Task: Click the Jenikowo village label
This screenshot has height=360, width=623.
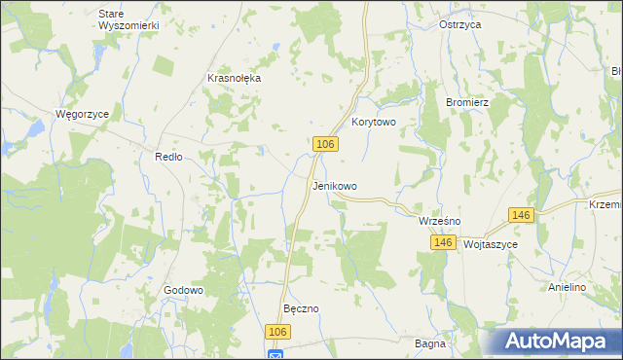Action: tap(334, 186)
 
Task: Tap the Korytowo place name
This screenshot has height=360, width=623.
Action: tap(373, 123)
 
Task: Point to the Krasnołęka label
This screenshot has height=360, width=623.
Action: tap(235, 79)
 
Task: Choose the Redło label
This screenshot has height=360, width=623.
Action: tap(169, 157)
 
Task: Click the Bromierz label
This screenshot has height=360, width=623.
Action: tap(466, 101)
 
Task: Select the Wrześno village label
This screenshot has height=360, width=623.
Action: tap(439, 221)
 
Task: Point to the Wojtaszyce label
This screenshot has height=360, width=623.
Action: tap(491, 245)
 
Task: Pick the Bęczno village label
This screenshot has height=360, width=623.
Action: tap(301, 308)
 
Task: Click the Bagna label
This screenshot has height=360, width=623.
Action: tap(429, 343)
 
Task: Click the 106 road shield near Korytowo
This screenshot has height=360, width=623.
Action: tap(326, 144)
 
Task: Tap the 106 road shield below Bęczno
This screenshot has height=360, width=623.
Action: tap(278, 332)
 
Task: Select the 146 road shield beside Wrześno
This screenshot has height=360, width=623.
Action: tap(445, 241)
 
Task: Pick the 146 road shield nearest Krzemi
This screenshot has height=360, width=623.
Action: tap(521, 215)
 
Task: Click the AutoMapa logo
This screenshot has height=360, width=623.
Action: tap(555, 341)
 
